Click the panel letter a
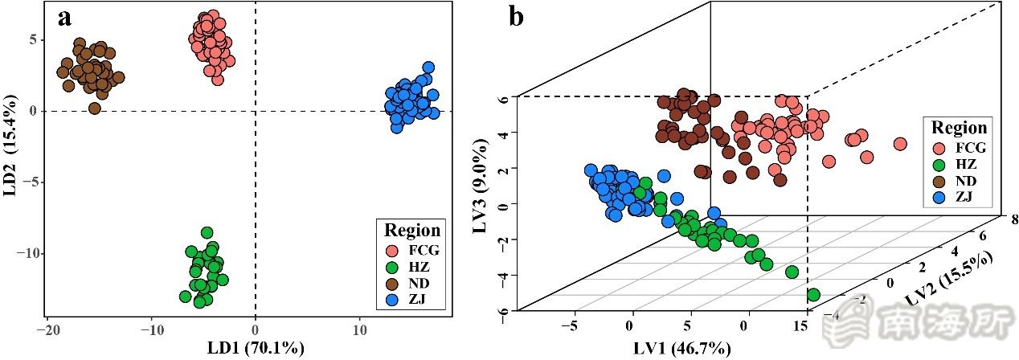(x=64, y=18)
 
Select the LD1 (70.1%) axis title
(x=256, y=349)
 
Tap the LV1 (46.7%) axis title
(x=681, y=349)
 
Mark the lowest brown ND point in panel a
(x=95, y=108)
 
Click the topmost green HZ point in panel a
(x=207, y=233)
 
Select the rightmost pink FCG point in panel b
(x=900, y=145)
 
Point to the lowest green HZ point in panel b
(x=813, y=295)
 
